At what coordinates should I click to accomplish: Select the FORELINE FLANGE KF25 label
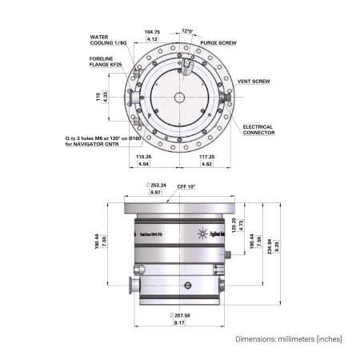coord(106,62)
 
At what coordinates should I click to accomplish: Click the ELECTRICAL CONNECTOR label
coord(258,130)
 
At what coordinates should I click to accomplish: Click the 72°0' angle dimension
coord(187,29)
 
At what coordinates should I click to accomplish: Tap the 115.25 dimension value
coord(144,156)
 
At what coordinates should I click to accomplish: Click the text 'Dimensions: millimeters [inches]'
coord(288,339)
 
